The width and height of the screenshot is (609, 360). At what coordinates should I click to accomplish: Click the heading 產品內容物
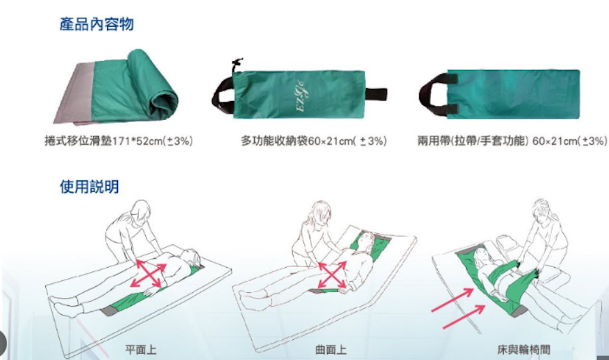(97, 24)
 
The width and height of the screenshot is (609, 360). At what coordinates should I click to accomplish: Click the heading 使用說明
(89, 187)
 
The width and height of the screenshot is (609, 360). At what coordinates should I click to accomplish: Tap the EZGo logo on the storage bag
(300, 95)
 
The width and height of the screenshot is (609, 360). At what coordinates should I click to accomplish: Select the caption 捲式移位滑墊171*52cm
(118, 141)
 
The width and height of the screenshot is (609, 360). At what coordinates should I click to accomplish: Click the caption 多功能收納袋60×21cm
(314, 141)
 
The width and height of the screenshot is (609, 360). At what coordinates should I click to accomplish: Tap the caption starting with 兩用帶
(512, 141)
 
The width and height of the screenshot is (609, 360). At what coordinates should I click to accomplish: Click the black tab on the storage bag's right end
(375, 95)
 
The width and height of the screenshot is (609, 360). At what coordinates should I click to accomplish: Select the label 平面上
(140, 350)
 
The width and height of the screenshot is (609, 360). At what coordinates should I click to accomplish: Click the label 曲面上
(331, 350)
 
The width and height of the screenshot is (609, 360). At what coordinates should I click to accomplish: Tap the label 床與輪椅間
(523, 350)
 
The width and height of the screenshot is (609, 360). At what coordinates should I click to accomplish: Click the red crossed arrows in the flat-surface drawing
(148, 274)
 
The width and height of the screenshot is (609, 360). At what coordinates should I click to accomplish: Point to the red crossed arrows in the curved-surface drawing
(332, 275)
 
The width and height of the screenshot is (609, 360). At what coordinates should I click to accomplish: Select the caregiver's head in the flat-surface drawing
(140, 210)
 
